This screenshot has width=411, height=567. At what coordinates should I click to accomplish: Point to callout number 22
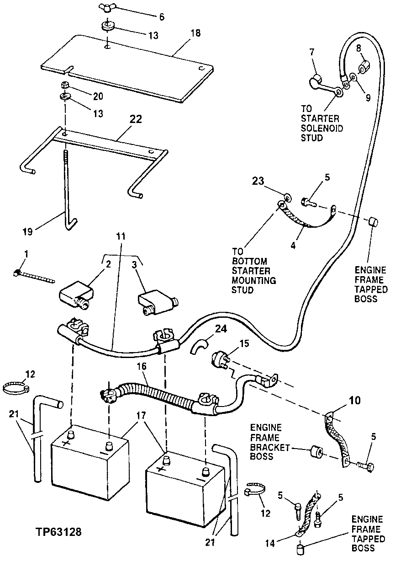click(136, 119)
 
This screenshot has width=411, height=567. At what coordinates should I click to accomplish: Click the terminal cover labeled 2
click(76, 296)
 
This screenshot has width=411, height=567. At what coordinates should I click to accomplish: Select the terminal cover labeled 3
click(158, 303)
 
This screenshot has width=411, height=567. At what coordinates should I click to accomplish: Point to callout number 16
click(142, 366)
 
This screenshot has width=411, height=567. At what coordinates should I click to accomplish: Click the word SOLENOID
click(322, 128)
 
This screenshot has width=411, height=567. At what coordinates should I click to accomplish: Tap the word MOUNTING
click(253, 280)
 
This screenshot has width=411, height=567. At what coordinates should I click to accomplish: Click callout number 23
click(258, 181)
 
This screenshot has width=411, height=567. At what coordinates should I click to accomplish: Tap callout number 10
click(355, 401)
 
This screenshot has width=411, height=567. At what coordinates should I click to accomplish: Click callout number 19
click(27, 232)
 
